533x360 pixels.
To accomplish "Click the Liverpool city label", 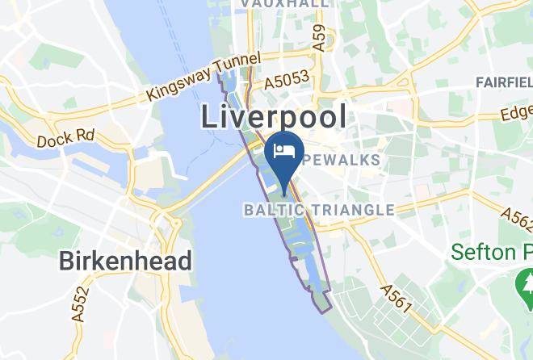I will coord(274,117).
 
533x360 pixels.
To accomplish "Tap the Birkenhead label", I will coord(125,261).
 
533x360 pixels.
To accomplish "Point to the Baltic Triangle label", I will coord(319,211).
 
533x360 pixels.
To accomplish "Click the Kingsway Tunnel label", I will coord(204,78).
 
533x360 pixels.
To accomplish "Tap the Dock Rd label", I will coord(66,139).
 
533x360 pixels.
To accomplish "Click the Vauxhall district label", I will coord(285,4).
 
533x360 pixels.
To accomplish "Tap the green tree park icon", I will coord(525,283).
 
